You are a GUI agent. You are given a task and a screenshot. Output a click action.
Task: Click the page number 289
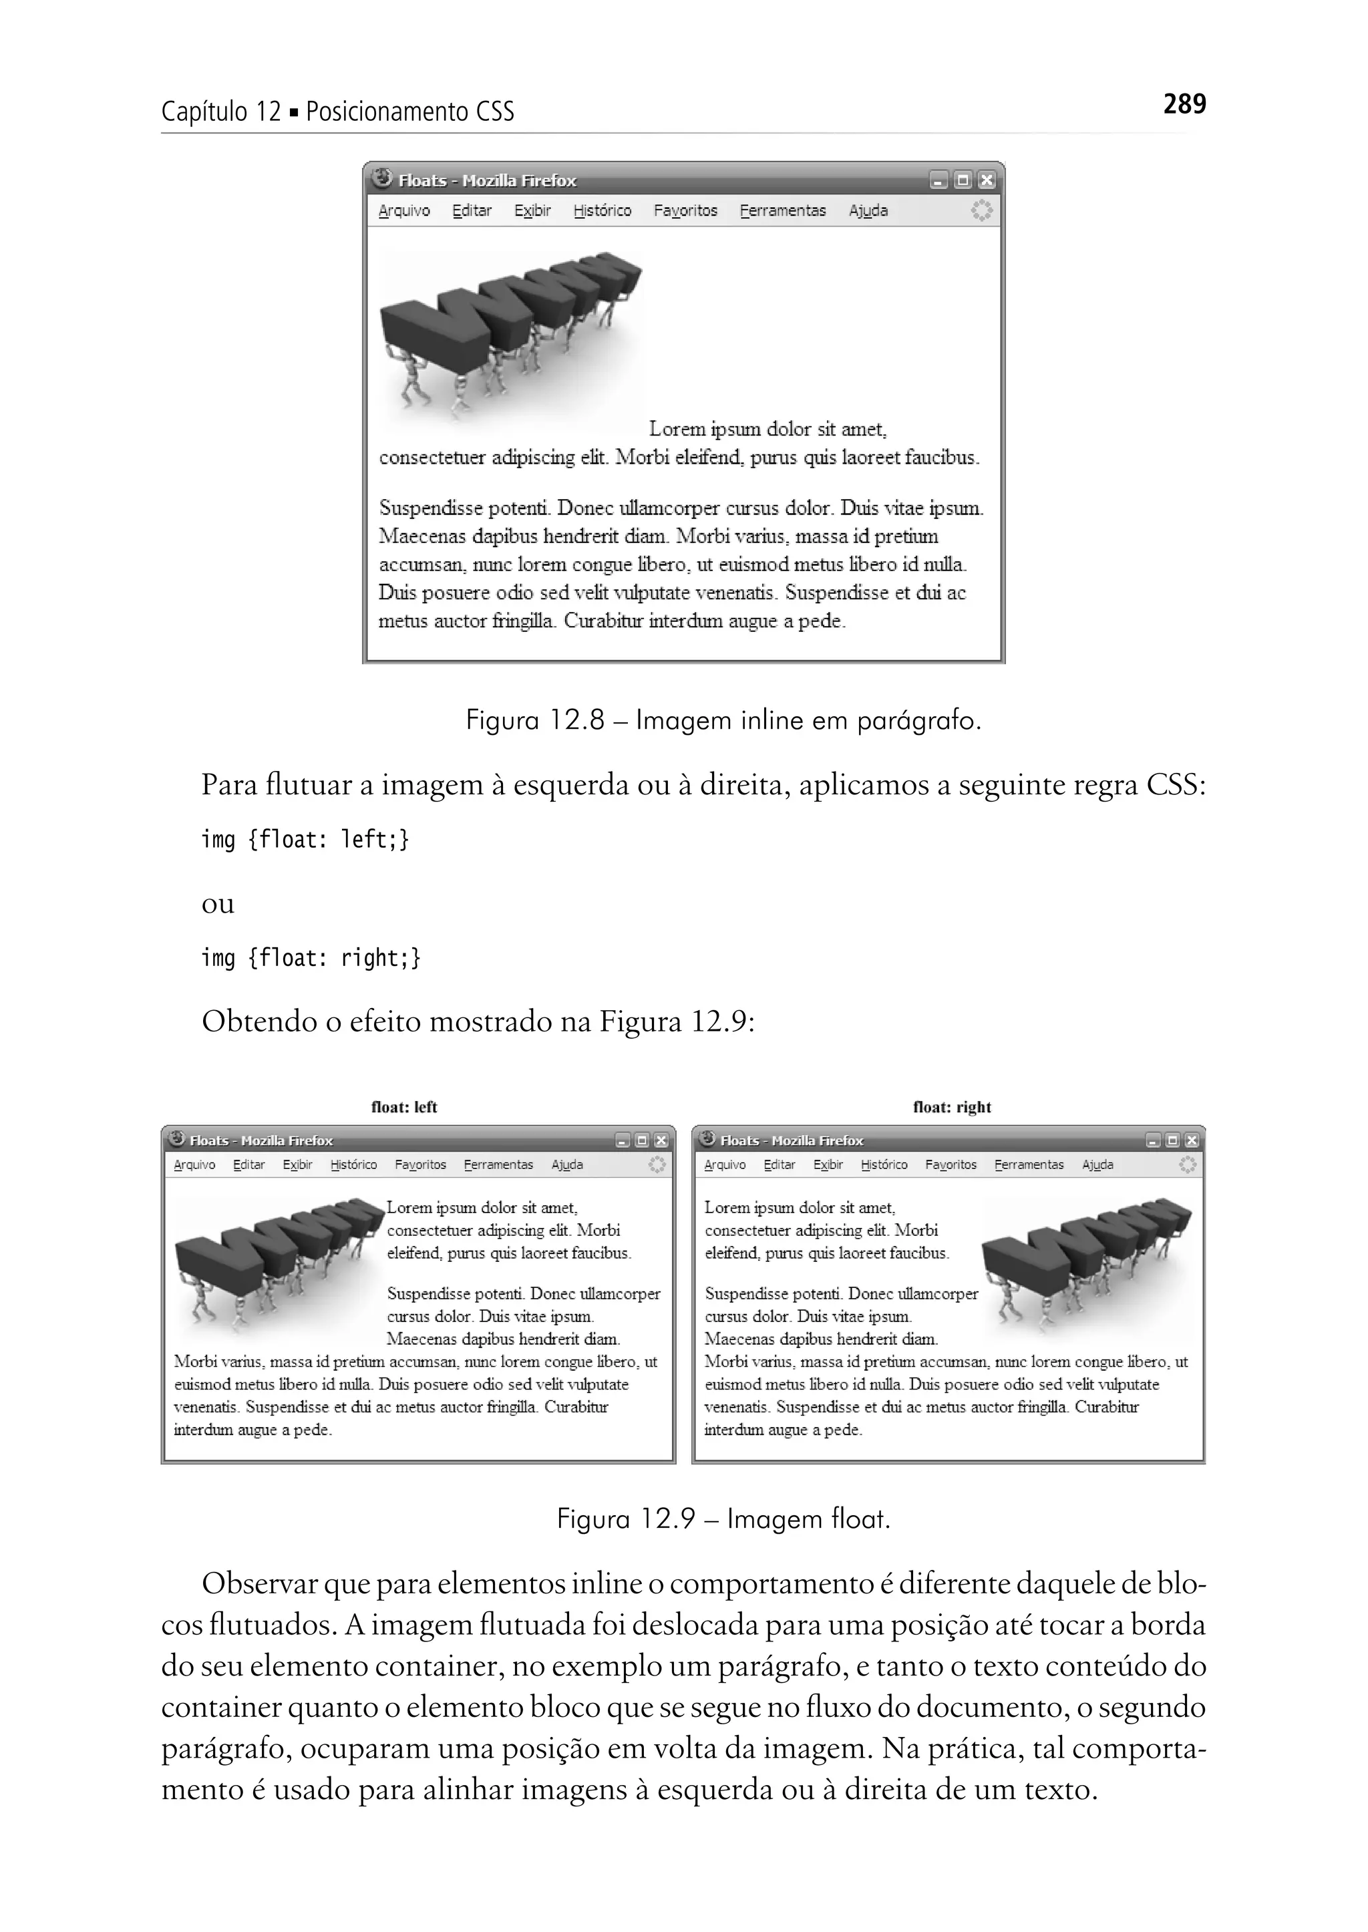click(x=1184, y=104)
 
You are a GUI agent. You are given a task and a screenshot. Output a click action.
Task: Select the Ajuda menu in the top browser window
click(x=868, y=210)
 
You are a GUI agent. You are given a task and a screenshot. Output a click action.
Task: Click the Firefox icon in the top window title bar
click(x=383, y=178)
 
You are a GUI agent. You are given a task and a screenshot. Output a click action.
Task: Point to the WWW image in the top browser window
click(x=510, y=337)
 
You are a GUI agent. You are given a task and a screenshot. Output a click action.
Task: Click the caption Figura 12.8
click(x=723, y=720)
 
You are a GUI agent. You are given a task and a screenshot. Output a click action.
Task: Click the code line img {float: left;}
click(x=305, y=839)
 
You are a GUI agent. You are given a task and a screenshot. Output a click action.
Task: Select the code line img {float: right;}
click(x=310, y=958)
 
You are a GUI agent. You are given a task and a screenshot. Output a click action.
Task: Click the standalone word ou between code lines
click(x=217, y=903)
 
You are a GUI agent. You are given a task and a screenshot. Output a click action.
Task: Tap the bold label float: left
click(x=404, y=1107)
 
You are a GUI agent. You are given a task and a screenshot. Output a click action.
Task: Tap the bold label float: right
click(x=952, y=1107)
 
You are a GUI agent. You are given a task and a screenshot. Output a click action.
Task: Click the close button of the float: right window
click(x=1191, y=1141)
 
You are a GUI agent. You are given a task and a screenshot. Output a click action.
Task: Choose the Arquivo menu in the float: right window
click(x=725, y=1164)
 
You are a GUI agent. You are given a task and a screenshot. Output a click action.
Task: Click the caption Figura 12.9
click(x=723, y=1519)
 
